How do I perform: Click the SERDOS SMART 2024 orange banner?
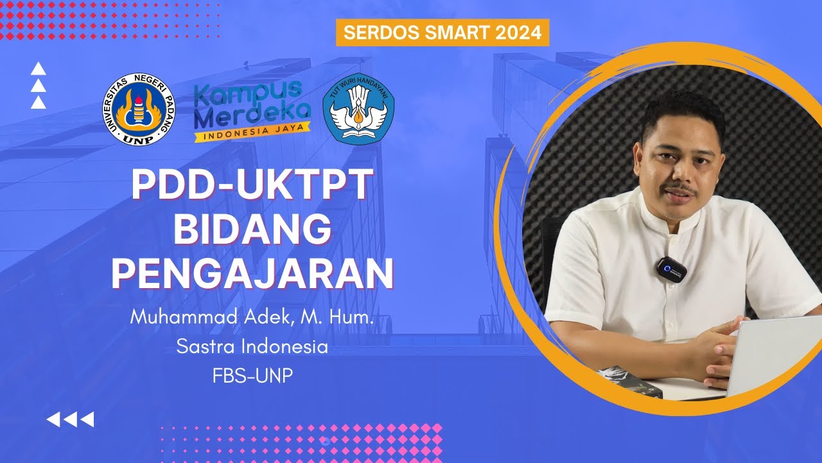click(x=442, y=33)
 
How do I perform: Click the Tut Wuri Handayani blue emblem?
click(x=358, y=109)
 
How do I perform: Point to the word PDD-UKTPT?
click(x=252, y=185)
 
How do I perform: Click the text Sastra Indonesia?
click(x=252, y=347)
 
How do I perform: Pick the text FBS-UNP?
click(x=252, y=376)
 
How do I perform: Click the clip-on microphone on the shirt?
click(x=671, y=268)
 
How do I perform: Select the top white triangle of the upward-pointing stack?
click(x=38, y=69)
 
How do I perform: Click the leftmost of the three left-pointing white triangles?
click(x=54, y=420)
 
